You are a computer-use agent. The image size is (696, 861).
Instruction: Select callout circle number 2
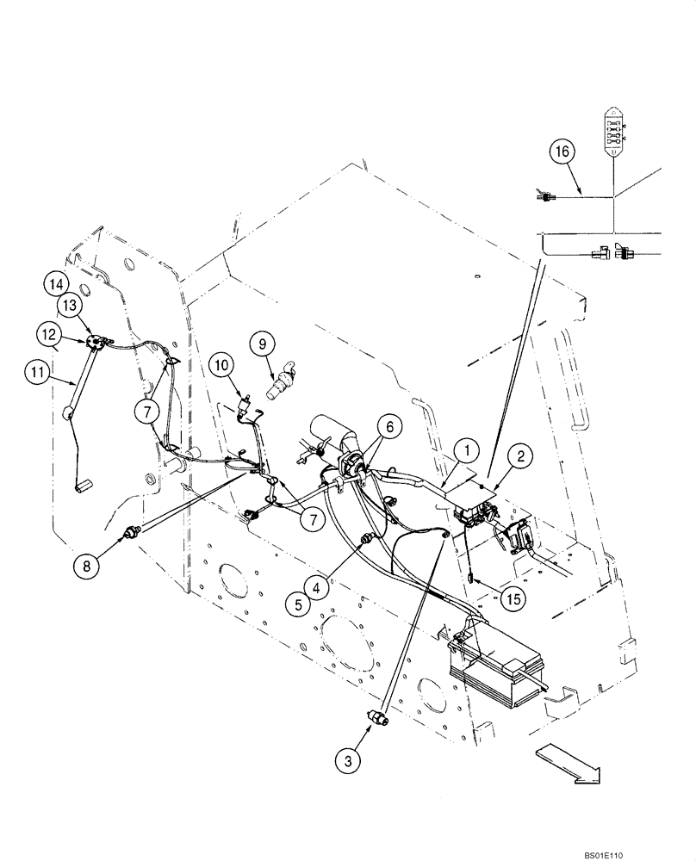[x=520, y=457]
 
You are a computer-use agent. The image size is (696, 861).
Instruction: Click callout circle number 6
[x=389, y=425]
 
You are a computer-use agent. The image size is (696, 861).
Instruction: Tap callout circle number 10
[x=220, y=365]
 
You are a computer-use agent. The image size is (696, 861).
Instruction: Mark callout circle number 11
[x=37, y=372]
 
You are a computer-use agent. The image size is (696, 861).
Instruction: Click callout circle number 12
[x=49, y=331]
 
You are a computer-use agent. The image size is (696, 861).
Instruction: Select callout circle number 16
[x=562, y=152]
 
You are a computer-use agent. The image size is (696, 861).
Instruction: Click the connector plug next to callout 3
[x=377, y=716]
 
